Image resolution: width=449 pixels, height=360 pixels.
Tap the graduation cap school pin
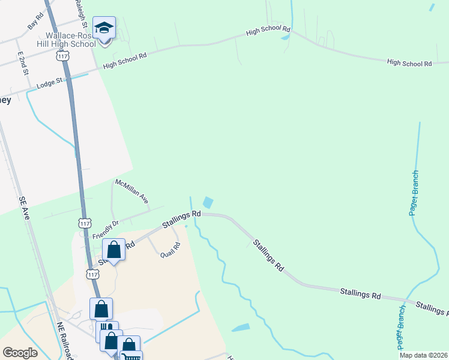pos(104,28)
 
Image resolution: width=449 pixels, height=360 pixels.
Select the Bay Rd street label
pos(35,22)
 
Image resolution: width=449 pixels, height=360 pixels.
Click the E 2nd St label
pos(23,63)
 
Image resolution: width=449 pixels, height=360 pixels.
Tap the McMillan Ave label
pos(131,190)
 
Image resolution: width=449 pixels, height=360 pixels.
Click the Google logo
pos(20,353)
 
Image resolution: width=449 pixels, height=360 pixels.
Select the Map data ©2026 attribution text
pos(424,355)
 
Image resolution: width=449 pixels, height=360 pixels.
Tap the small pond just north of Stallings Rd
pos(208,203)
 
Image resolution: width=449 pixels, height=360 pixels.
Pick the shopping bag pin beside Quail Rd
pos(113,250)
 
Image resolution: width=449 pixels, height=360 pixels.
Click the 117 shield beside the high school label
pos(62,56)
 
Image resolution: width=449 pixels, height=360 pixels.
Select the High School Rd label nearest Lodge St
pos(125,61)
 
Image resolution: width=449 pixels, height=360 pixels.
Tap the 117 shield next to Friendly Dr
pos(84,223)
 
